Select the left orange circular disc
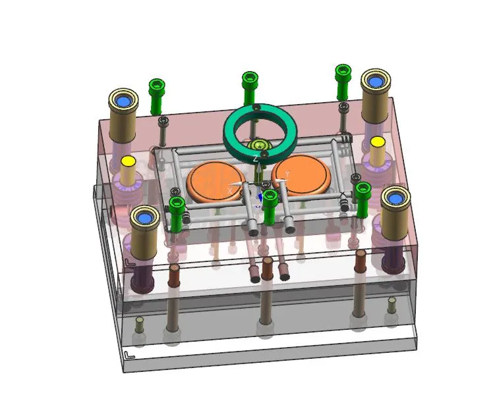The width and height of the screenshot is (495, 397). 216,180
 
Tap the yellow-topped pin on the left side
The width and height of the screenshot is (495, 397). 129,161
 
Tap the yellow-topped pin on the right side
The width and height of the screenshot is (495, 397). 377,142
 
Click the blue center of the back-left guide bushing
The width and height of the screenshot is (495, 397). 123,101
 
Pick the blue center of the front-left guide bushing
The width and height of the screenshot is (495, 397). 144,216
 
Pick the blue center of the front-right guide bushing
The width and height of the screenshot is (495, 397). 395,197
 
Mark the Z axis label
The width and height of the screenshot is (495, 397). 255,159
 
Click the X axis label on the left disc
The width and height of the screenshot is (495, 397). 230,190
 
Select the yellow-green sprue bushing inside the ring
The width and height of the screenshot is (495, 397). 258,146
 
